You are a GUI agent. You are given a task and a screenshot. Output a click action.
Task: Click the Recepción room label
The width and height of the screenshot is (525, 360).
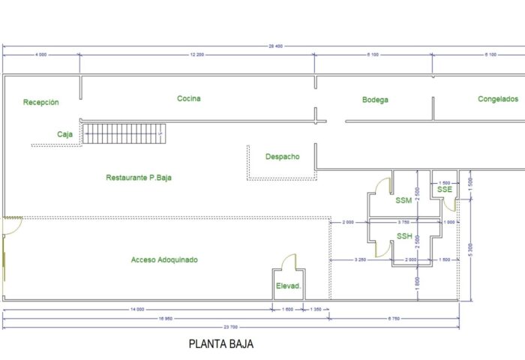click(x=40, y=103)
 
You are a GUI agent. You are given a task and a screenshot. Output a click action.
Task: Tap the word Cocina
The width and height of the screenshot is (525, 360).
click(x=189, y=98)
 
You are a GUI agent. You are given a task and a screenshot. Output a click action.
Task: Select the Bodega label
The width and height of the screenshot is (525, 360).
click(x=375, y=100)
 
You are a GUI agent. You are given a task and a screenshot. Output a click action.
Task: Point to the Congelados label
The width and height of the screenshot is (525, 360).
click(x=498, y=99)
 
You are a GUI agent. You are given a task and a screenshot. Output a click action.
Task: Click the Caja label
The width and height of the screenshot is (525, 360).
click(x=64, y=134)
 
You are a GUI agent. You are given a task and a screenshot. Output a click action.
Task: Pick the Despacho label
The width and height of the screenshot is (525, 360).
click(x=282, y=157)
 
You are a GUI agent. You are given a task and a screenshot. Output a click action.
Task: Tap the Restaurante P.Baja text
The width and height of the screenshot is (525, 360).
click(x=144, y=178)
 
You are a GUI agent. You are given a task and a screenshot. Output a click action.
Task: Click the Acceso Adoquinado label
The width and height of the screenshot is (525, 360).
click(x=164, y=259)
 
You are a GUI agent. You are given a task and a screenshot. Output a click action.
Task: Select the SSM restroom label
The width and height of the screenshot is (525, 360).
click(x=403, y=200)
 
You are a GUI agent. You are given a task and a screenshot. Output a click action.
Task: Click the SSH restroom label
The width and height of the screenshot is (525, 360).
click(x=404, y=236)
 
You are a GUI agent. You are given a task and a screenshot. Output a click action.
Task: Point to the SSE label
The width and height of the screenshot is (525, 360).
click(x=445, y=190)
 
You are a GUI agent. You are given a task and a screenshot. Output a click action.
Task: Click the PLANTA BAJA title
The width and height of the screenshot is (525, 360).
click(x=220, y=345)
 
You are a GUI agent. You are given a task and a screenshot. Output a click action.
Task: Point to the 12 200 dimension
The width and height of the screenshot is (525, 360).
click(x=197, y=55)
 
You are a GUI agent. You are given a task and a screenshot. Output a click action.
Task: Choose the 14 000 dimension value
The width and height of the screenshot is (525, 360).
click(x=136, y=309)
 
